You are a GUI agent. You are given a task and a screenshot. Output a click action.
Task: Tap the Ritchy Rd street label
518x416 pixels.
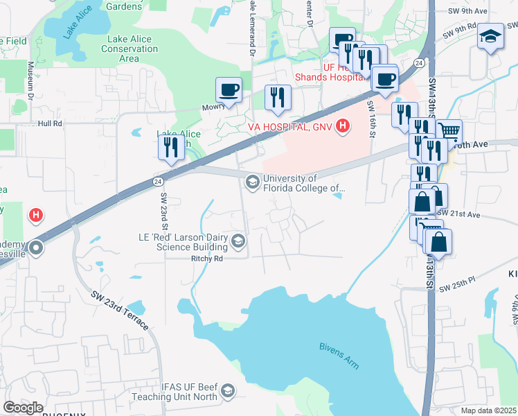pos(208,259)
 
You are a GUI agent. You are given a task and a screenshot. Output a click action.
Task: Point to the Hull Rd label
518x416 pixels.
pos(51,123)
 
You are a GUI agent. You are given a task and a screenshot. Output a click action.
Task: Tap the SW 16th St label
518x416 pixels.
pos(371,114)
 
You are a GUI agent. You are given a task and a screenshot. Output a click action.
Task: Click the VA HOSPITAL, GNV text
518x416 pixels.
pos(290,127)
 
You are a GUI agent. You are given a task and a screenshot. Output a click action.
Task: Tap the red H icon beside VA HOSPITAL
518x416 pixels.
pos(341,126)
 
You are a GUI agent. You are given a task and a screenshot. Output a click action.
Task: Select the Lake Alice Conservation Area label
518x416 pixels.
pos(129,49)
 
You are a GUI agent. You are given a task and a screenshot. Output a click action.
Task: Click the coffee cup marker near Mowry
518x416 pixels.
pos(229,89)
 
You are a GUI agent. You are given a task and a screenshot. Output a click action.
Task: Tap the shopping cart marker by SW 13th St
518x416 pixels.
pos(449,130)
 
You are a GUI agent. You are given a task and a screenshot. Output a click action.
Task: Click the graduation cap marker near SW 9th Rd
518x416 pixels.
pos(490,35)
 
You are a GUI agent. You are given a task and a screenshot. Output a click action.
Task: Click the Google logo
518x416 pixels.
pos(23,408)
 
